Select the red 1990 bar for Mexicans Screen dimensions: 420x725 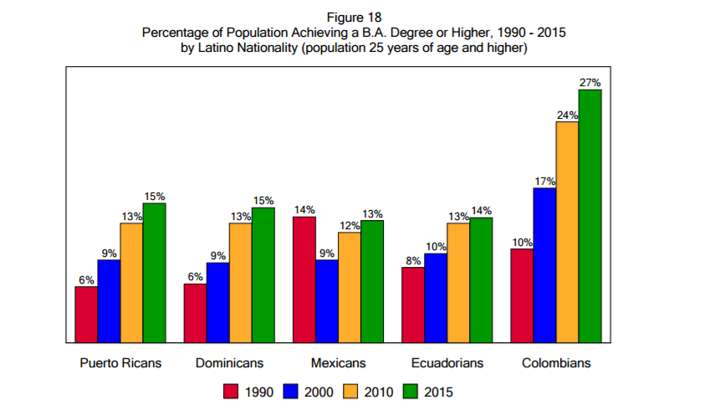pyautogui.click(x=304, y=279)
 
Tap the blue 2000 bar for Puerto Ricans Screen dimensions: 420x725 pyautogui.click(x=109, y=301)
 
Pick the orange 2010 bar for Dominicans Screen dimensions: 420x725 pyautogui.click(x=240, y=283)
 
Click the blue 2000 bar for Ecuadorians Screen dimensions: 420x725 pyautogui.click(x=436, y=298)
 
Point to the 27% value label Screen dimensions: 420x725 pyautogui.click(x=590, y=83)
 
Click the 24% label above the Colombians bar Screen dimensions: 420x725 pyautogui.click(x=567, y=115)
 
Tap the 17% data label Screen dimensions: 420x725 pyautogui.click(x=544, y=181)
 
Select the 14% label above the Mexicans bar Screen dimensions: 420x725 pyautogui.click(x=304, y=209)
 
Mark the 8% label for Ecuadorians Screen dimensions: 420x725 pyautogui.click(x=413, y=260)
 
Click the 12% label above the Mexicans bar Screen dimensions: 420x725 pyautogui.click(x=350, y=225)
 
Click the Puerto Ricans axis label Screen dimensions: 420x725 pyautogui.click(x=120, y=363)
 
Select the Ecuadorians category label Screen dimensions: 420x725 pyautogui.click(x=447, y=363)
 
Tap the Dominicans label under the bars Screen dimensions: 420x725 pyautogui.click(x=229, y=363)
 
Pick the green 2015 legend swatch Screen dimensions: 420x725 pyautogui.click(x=411, y=391)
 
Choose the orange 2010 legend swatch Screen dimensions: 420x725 pyautogui.click(x=351, y=391)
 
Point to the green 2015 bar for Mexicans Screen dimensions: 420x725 pyautogui.click(x=372, y=281)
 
